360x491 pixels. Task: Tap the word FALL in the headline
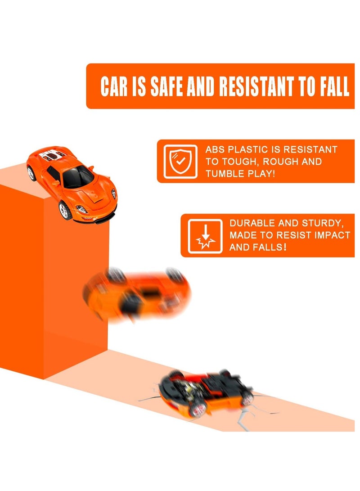click(x=333, y=87)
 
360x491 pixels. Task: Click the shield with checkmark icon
click(x=180, y=161)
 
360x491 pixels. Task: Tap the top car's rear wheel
click(x=31, y=173)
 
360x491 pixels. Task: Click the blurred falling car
click(x=137, y=295)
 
